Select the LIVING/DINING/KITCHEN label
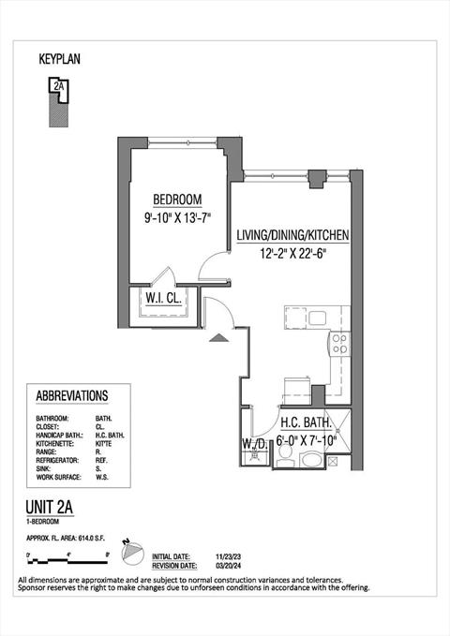click(292, 234)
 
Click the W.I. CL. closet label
click(163, 300)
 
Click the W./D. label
click(253, 443)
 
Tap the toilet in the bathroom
click(287, 454)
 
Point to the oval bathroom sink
click(311, 460)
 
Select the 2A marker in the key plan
click(59, 86)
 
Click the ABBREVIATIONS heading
click(71, 396)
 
